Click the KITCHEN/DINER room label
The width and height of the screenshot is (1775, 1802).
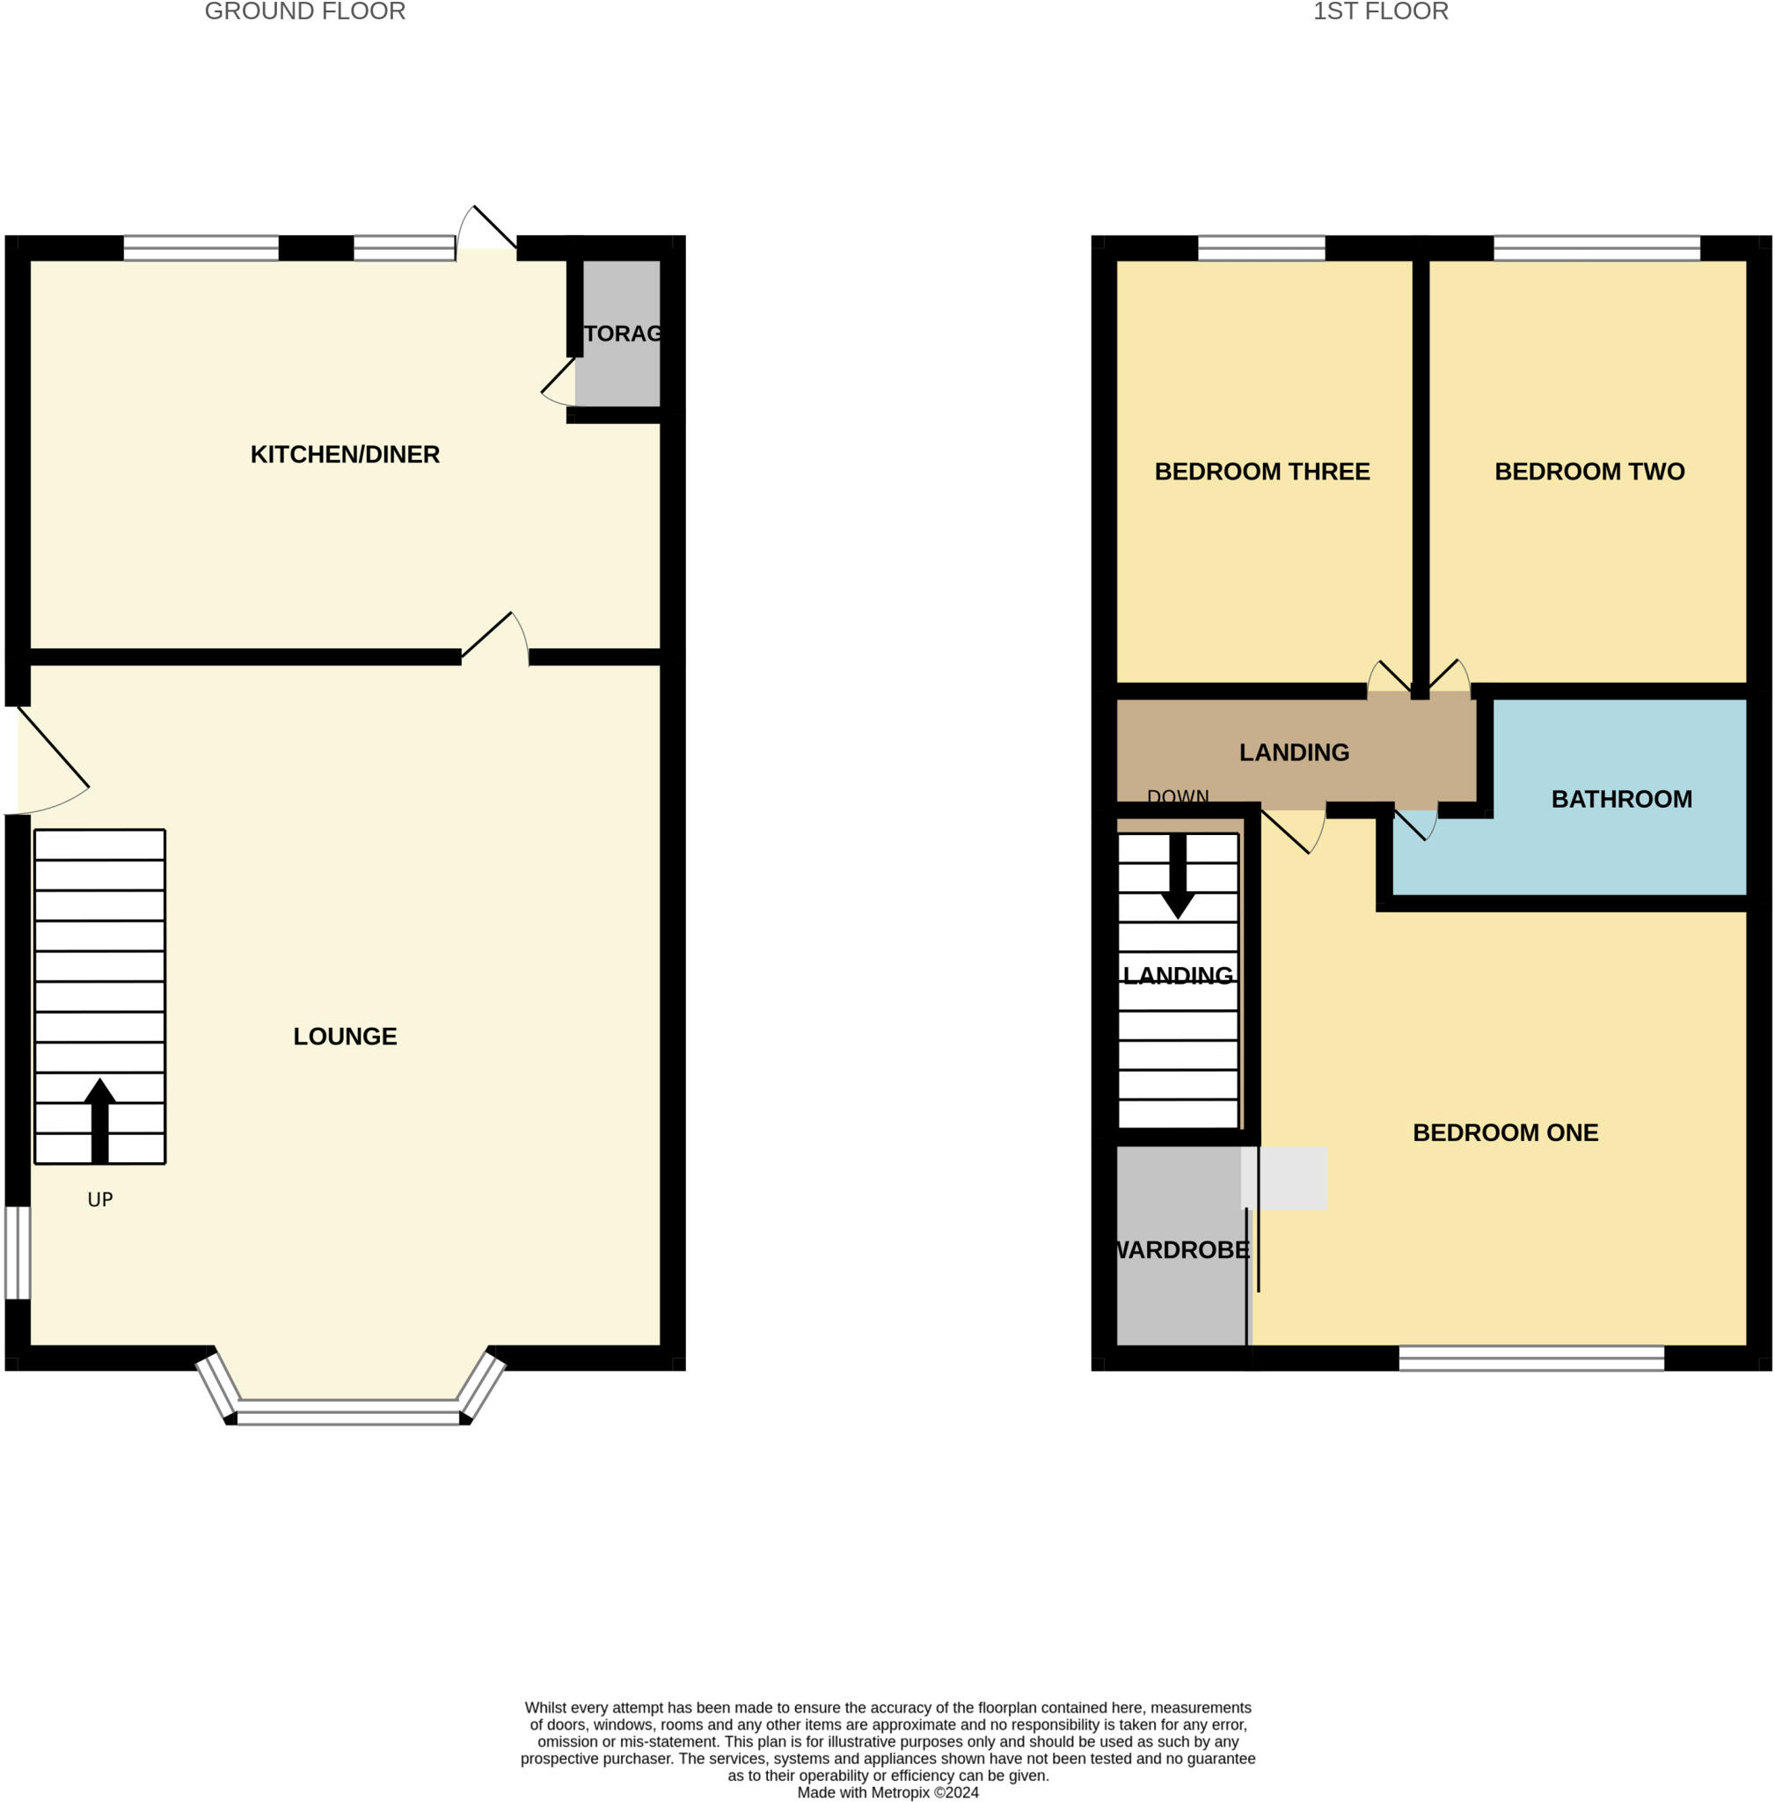(345, 454)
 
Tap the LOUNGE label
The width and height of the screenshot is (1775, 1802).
(345, 1037)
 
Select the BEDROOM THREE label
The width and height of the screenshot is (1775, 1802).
(1261, 472)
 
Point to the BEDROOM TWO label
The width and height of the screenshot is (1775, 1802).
(1589, 472)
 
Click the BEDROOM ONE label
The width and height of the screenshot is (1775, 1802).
(1505, 1133)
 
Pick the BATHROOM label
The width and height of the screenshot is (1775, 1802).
(1621, 799)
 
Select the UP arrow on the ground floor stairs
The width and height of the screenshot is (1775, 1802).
(99, 1119)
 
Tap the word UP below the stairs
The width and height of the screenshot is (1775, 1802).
(99, 1200)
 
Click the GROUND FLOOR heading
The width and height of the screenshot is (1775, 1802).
(305, 12)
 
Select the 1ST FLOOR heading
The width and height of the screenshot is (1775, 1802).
(1380, 12)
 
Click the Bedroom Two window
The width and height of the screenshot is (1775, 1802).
(1596, 248)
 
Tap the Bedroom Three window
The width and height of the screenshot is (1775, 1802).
(1260, 248)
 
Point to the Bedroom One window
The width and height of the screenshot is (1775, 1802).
(1530, 1358)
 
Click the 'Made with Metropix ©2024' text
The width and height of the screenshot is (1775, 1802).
(887, 1792)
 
